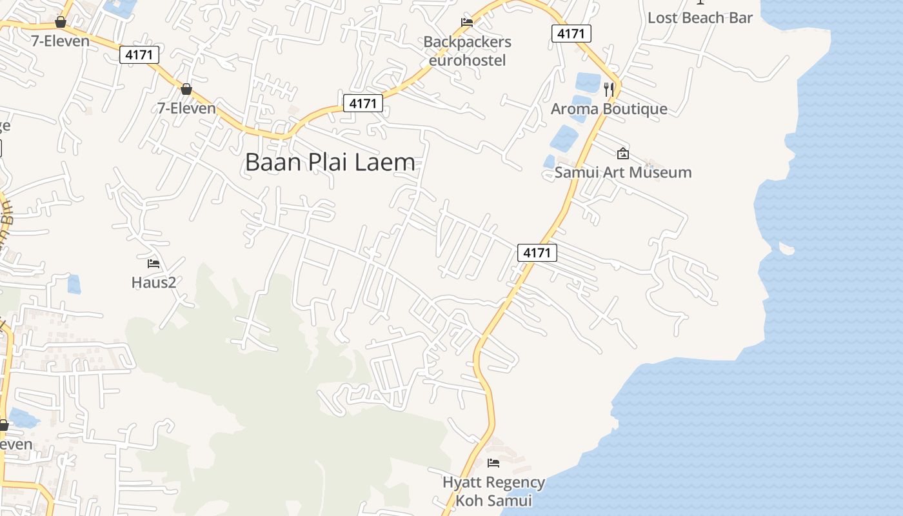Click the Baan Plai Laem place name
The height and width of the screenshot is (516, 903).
click(330, 162)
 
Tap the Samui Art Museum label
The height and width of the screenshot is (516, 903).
click(623, 172)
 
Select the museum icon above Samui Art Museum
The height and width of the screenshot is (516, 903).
click(623, 154)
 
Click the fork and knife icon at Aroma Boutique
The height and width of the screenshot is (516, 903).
click(609, 88)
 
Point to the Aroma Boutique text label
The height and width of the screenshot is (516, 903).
click(609, 108)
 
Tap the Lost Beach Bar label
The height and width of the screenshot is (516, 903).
click(700, 18)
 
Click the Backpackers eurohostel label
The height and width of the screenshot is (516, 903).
click(467, 51)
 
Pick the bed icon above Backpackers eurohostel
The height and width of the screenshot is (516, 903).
click(467, 23)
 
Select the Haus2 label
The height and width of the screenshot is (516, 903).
click(154, 283)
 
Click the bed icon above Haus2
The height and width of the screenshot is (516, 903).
click(154, 263)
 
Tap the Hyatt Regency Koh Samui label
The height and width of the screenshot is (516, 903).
click(493, 491)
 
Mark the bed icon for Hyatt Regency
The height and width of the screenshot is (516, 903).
click(493, 462)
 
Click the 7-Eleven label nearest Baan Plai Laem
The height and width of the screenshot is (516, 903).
click(186, 108)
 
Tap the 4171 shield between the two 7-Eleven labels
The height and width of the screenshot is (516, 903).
click(139, 55)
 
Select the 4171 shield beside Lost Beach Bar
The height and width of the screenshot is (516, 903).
click(571, 34)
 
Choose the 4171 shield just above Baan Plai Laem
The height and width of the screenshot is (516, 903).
click(363, 103)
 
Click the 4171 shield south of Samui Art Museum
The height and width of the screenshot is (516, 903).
click(537, 253)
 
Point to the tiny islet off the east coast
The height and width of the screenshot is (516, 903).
click(786, 248)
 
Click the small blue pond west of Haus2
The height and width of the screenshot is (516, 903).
click(74, 284)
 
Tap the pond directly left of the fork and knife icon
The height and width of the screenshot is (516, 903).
click(588, 82)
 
